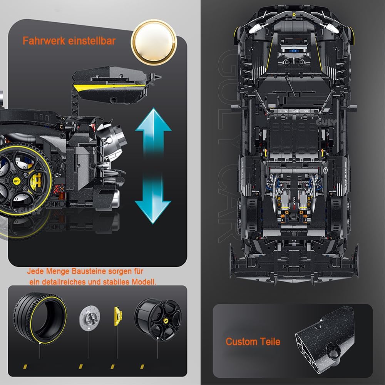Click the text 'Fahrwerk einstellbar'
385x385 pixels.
tap(69, 41)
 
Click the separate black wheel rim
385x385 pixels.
tap(157, 318)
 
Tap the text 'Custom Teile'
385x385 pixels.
tap(253, 341)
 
